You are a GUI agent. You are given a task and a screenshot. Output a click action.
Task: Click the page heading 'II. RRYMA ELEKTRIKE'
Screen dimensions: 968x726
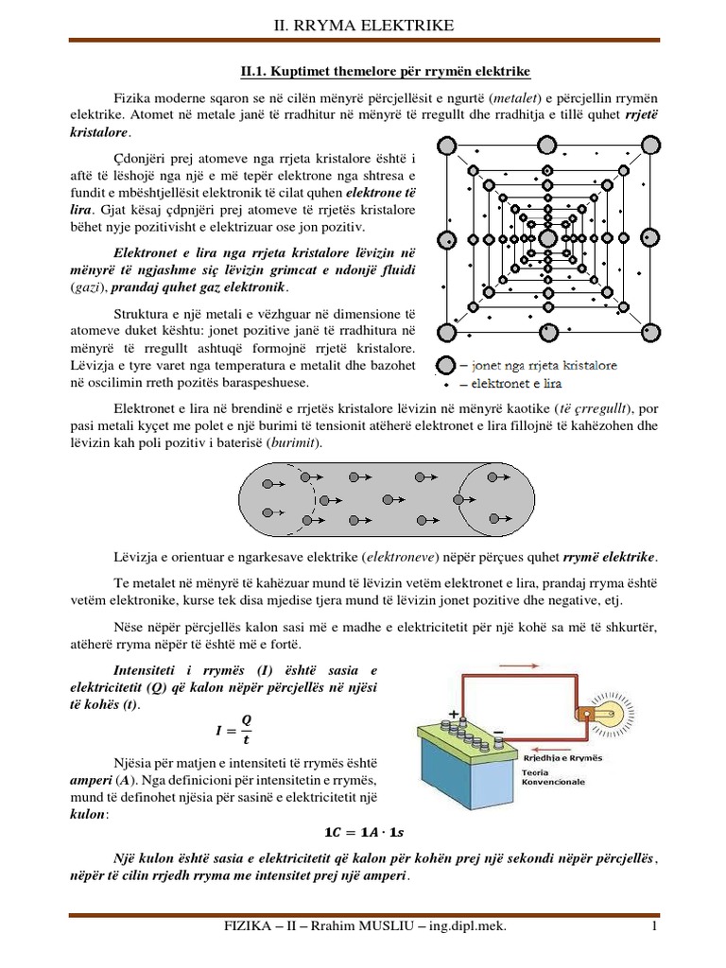pyautogui.click(x=362, y=23)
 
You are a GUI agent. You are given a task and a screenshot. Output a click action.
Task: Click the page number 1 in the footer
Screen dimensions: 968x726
pyautogui.click(x=652, y=931)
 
